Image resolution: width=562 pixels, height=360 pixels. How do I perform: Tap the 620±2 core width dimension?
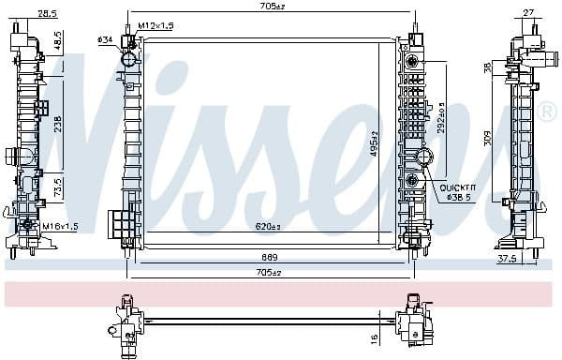pyautogui.click(x=269, y=227)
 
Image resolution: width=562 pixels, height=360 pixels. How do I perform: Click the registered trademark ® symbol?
pyautogui.click(x=548, y=112)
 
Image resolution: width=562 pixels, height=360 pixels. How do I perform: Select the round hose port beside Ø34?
pyautogui.click(x=128, y=59)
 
